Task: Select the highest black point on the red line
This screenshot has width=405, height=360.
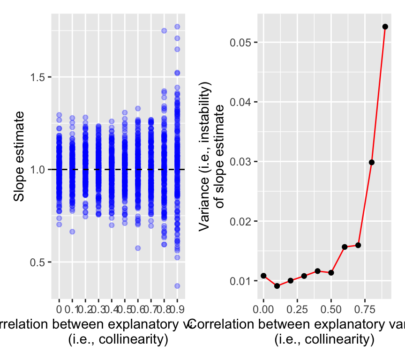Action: [385, 27]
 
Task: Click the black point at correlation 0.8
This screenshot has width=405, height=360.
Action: [372, 162]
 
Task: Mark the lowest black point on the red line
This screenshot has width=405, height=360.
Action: [277, 286]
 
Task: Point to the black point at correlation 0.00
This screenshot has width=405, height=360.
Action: [263, 276]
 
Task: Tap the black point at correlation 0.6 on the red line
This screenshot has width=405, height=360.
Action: [345, 247]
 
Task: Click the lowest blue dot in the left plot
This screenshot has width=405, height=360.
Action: [178, 286]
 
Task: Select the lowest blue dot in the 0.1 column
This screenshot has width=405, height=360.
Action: [72, 232]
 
